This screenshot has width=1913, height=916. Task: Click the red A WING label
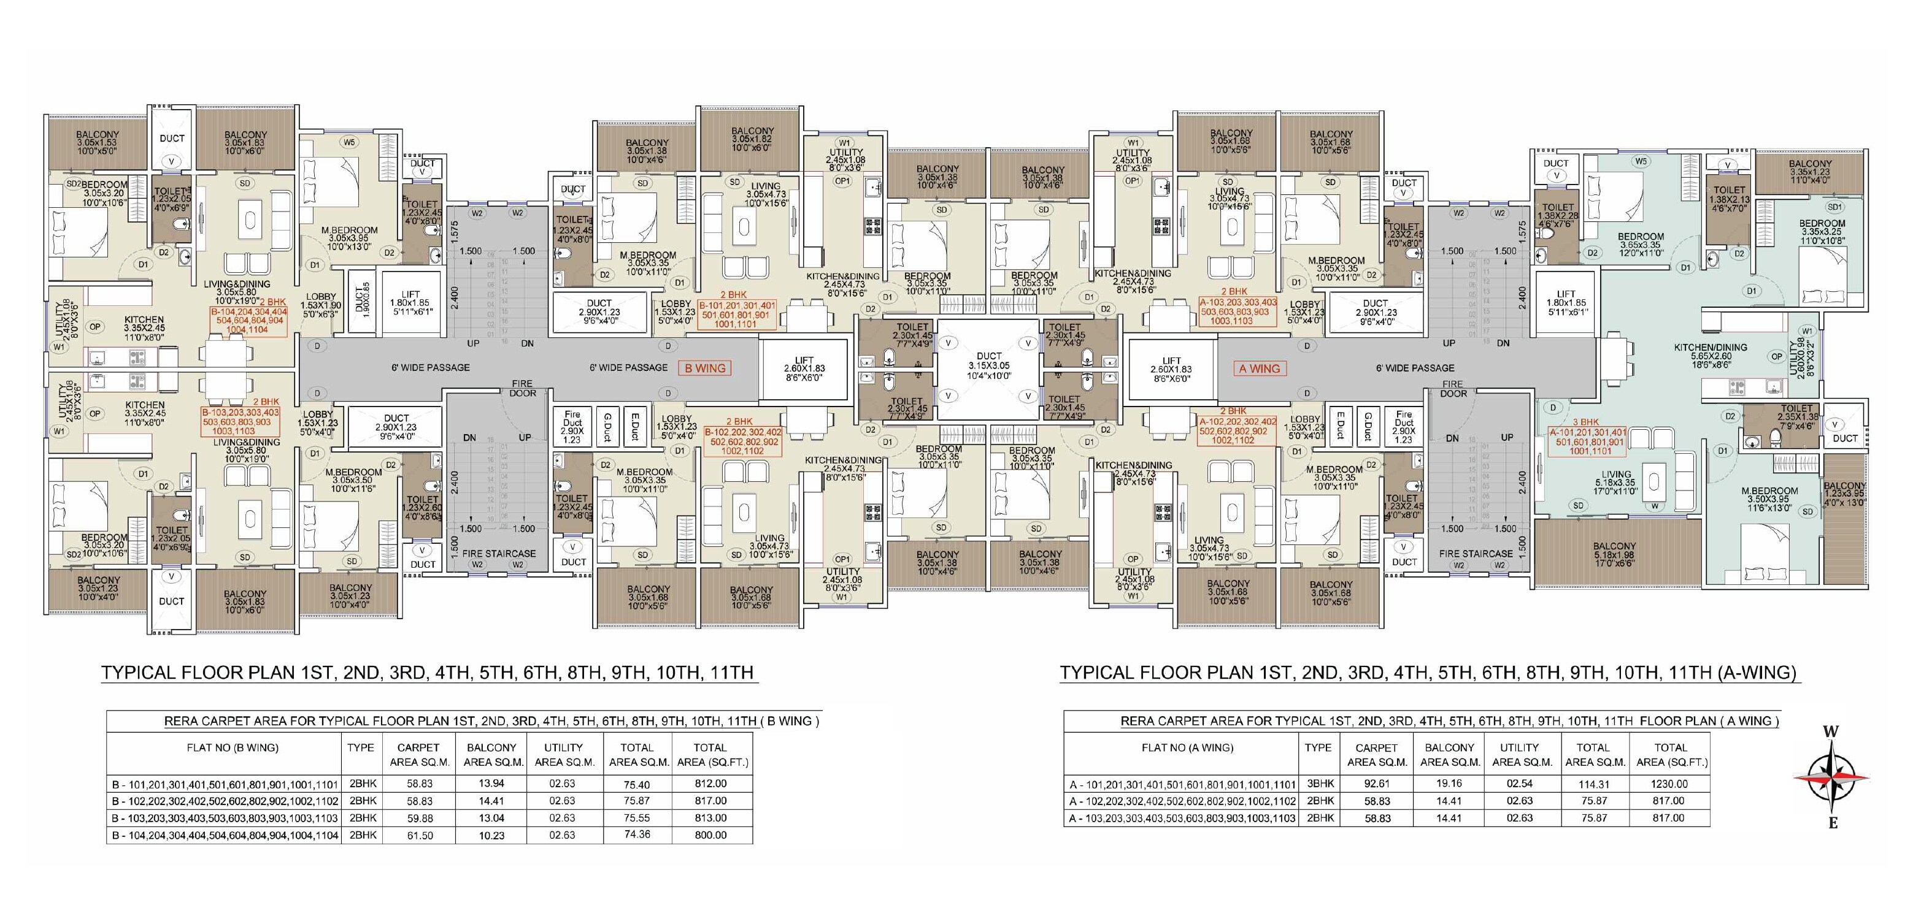(x=1259, y=368)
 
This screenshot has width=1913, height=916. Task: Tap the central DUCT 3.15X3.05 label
(x=988, y=365)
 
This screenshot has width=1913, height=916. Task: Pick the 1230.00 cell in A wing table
(x=1669, y=783)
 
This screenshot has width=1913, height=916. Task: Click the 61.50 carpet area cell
(x=418, y=835)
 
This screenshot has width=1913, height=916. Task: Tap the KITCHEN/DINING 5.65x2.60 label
(x=1709, y=356)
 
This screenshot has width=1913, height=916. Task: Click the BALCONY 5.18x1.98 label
(x=1614, y=554)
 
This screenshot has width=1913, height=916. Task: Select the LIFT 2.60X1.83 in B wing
(x=804, y=368)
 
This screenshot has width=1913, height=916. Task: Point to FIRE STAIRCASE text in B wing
(x=498, y=553)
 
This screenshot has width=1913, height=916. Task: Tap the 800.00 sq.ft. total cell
(x=710, y=835)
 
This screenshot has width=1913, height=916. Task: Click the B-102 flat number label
(x=742, y=441)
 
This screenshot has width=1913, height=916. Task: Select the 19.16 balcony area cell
(x=1448, y=783)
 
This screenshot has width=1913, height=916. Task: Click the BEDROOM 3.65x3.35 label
(x=1641, y=244)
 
